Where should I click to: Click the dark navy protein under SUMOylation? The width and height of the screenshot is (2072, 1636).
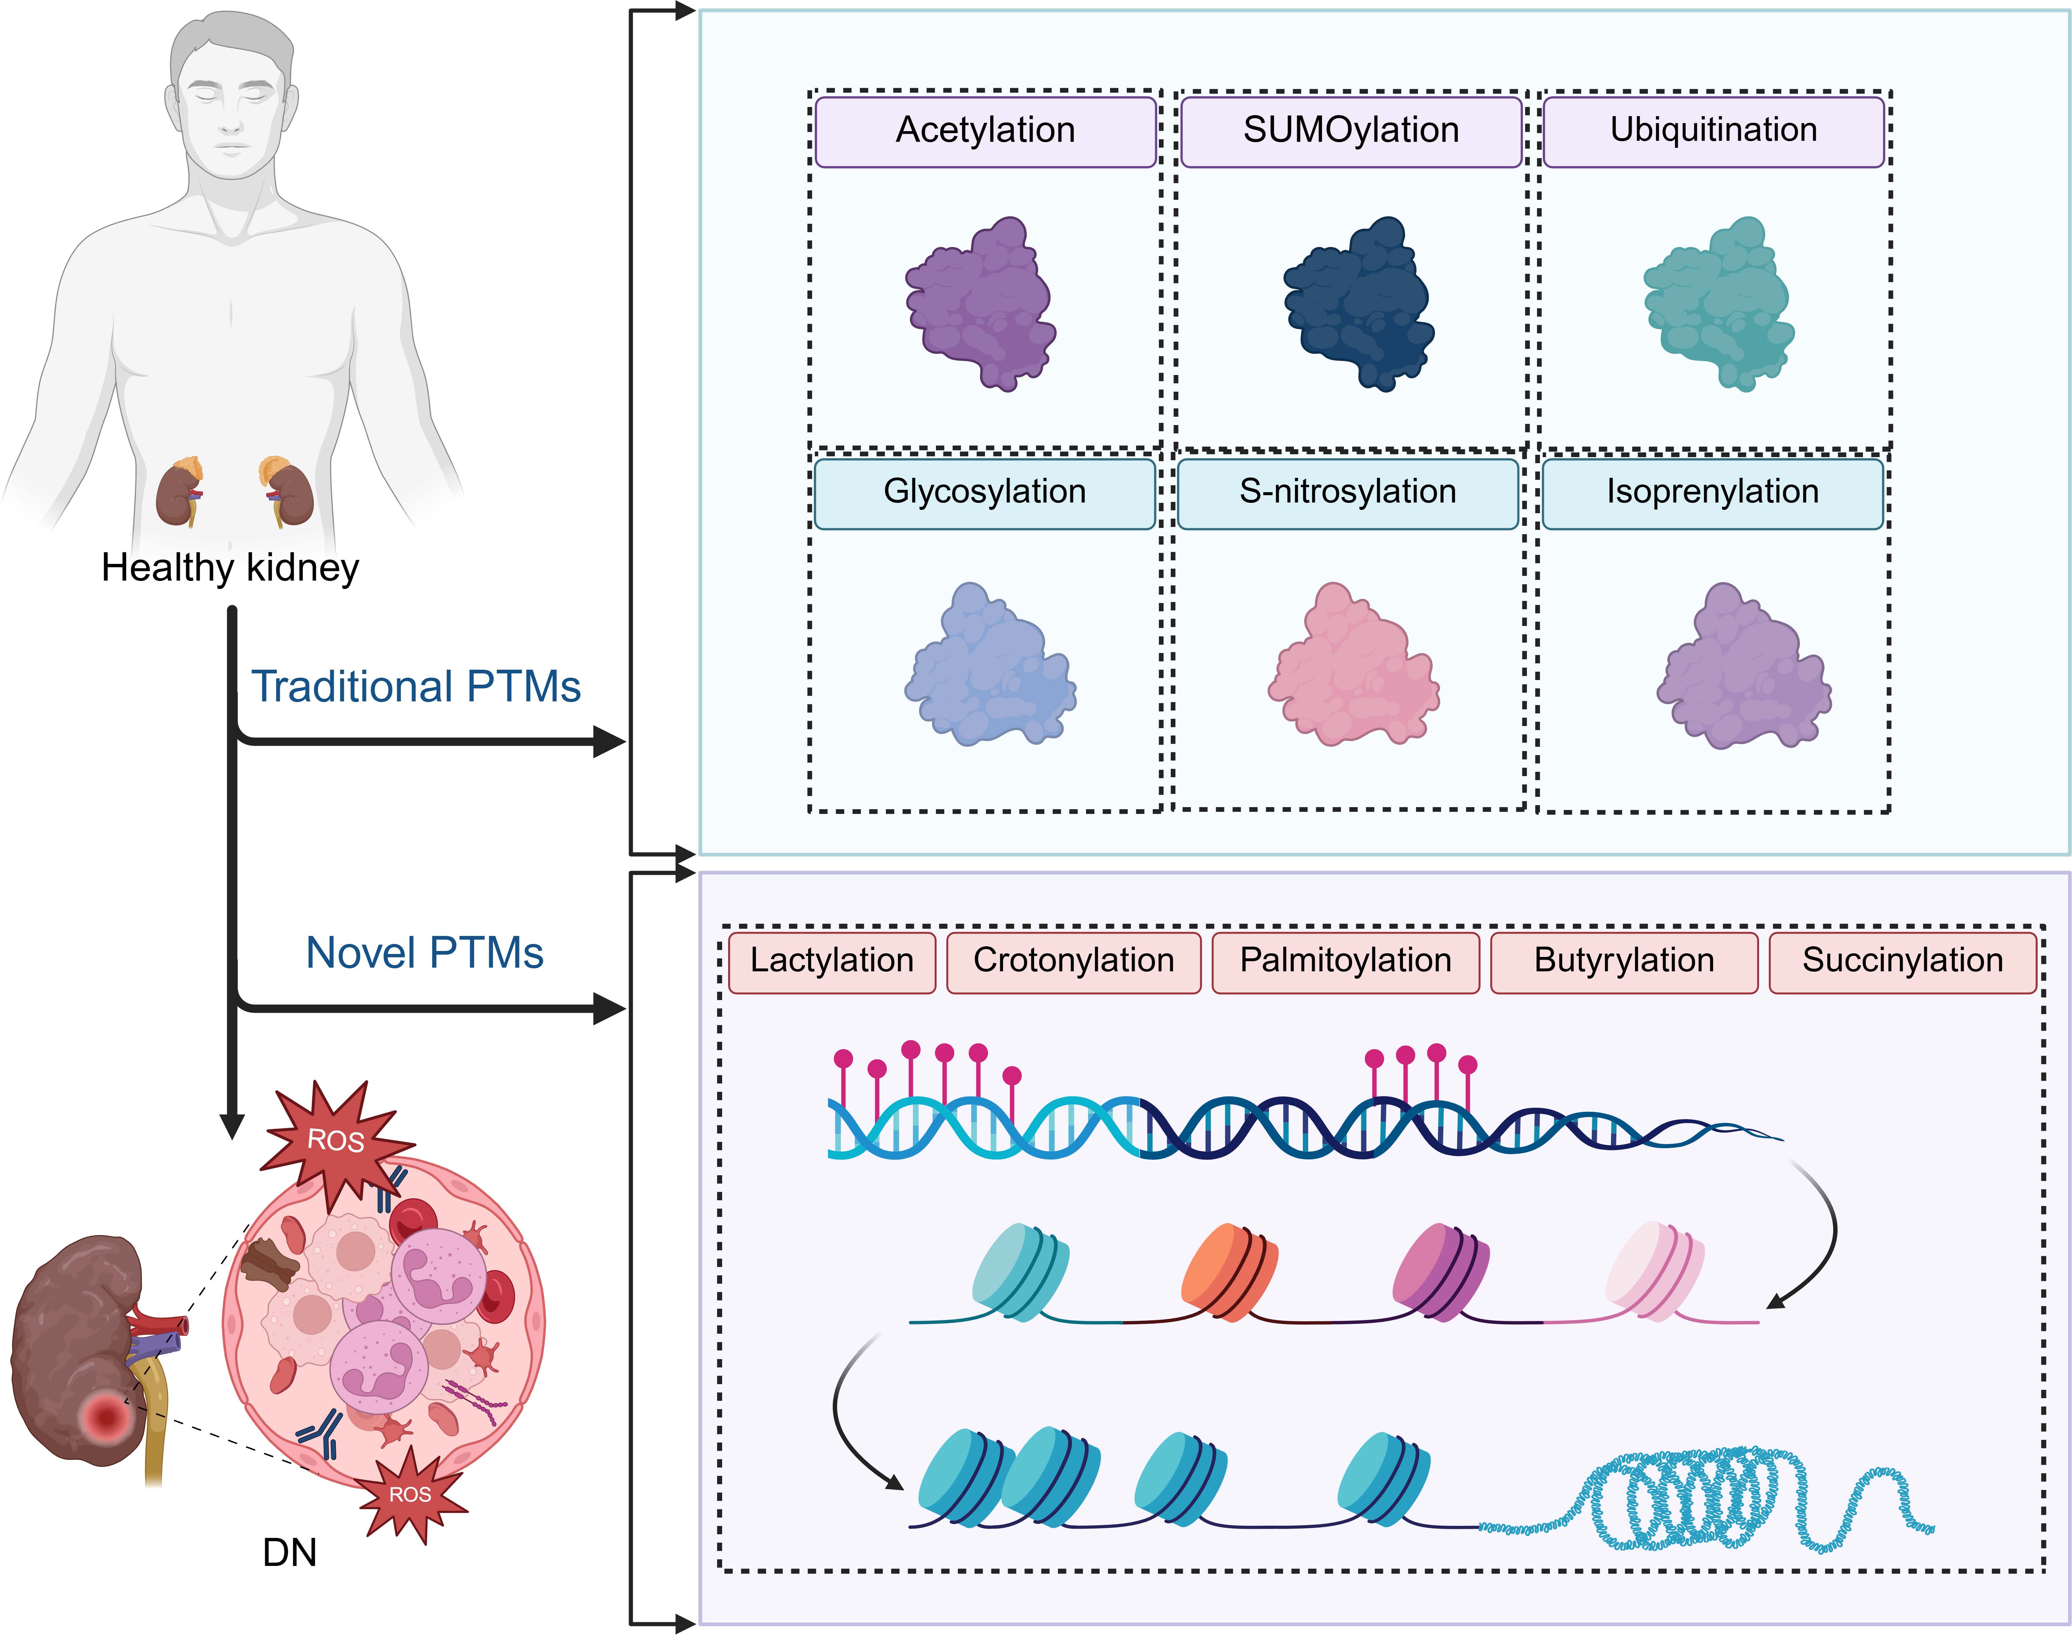[1358, 305]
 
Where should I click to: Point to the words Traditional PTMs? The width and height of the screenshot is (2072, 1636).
[416, 687]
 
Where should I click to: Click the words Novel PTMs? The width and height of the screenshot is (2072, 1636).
[424, 953]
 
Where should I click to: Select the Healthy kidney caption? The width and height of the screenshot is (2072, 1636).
[230, 568]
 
